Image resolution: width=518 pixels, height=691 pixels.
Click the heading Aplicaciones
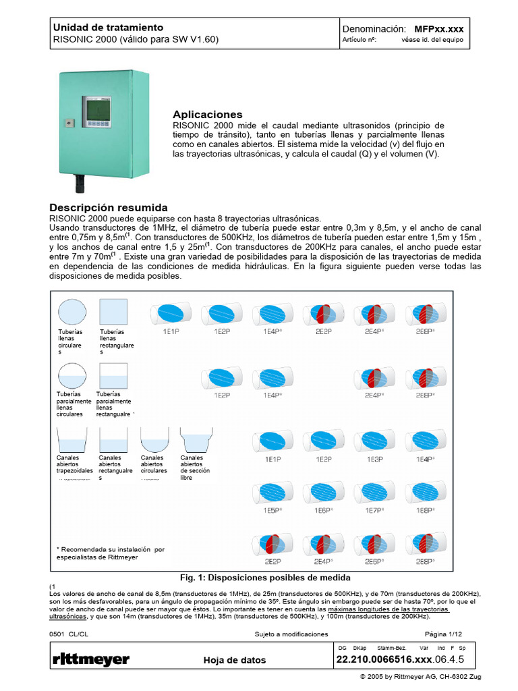[x=207, y=115]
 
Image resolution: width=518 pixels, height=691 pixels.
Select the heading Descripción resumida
[x=109, y=207]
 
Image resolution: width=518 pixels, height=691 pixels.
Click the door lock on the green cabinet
[x=68, y=123]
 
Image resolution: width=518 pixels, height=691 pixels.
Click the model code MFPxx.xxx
[x=438, y=30]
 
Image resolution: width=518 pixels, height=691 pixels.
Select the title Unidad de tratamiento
[x=108, y=28]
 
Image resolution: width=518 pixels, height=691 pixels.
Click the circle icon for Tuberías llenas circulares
[x=71, y=312]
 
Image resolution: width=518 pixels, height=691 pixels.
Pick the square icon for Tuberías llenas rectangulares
[x=113, y=312]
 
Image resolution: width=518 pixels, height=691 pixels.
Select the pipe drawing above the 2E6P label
[x=374, y=544]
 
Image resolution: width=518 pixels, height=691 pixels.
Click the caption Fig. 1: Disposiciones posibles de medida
[x=265, y=578]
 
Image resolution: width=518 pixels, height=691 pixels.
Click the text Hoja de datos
[x=234, y=661]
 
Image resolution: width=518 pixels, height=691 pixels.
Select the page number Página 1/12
[x=443, y=634]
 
